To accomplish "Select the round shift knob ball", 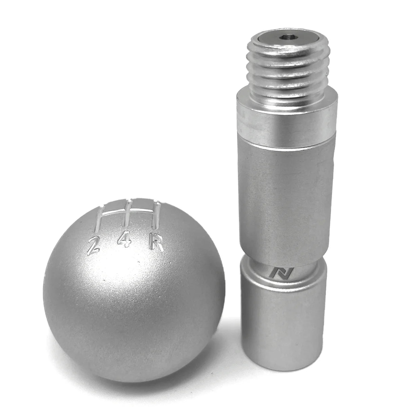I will click(129, 288).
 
